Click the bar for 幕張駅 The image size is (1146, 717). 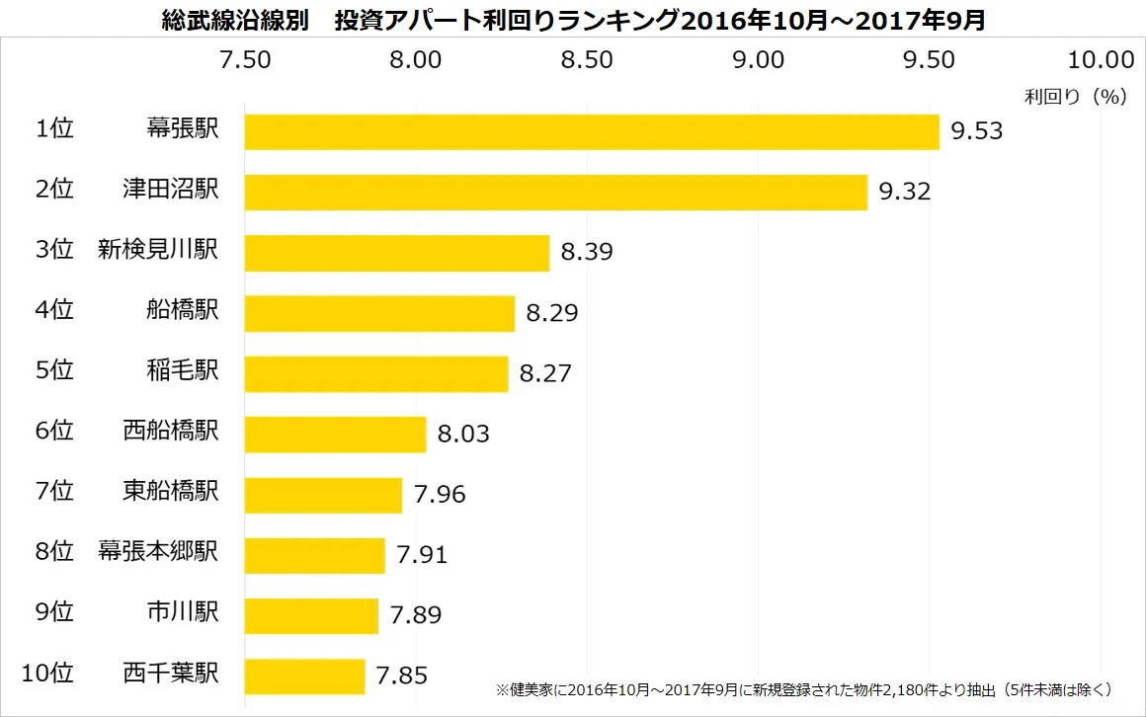[x=591, y=132]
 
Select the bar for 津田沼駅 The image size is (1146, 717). [x=555, y=193]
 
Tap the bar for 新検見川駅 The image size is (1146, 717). [x=396, y=253]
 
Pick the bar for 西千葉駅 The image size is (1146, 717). [x=304, y=677]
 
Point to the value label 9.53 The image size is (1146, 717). [x=976, y=131]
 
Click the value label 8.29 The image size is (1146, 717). [x=551, y=314]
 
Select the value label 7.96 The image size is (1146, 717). [x=440, y=495]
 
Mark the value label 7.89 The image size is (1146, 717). [x=416, y=615]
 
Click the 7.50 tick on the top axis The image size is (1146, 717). [x=245, y=60]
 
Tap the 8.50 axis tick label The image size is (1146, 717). [x=587, y=60]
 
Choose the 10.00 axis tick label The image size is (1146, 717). [x=1101, y=60]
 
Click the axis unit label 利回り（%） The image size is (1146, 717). [x=1076, y=97]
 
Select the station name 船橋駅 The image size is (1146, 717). [x=181, y=311]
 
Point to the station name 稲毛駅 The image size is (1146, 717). [x=181, y=371]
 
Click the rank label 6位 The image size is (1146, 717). [x=54, y=432]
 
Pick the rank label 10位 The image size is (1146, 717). [x=47, y=675]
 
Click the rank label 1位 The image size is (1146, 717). [x=54, y=130]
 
